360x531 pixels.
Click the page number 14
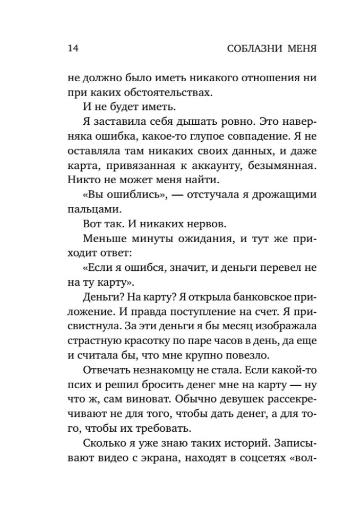[x=73, y=49]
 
